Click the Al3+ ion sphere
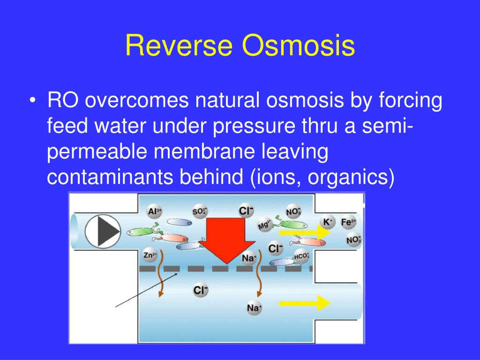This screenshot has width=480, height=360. [x=155, y=211]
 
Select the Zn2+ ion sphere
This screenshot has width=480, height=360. [x=150, y=256]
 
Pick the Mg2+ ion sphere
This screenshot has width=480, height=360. [x=265, y=225]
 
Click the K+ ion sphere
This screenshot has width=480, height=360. [x=327, y=222]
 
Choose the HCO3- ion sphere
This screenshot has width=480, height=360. [x=301, y=256]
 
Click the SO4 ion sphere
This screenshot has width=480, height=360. [x=199, y=211]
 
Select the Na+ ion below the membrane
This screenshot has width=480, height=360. [x=254, y=308]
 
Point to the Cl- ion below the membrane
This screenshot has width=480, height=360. [x=200, y=291]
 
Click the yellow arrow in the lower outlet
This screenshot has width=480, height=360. [x=305, y=303]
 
